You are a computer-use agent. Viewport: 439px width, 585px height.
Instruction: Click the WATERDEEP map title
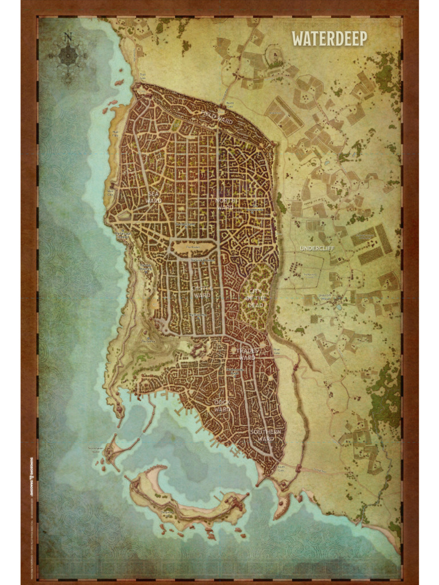pos(329,39)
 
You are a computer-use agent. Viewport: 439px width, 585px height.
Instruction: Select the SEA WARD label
pos(153,197)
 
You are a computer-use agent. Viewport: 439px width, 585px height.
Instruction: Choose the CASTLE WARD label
pos(202,292)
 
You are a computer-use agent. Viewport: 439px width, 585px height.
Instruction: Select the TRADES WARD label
pos(247,354)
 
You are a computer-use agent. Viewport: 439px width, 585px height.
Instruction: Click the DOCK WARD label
pos(222,405)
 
